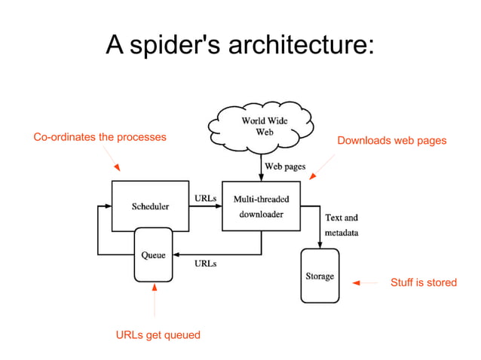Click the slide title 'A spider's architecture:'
coord(240,45)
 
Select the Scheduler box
coord(150,205)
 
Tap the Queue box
coord(154,255)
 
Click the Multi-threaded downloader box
coord(260,206)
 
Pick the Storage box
coord(320,276)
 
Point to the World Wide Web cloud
coord(257,126)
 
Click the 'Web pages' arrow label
coord(284,166)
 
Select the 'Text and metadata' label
coord(341,225)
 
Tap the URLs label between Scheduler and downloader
coord(206,198)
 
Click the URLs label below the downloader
coord(206,264)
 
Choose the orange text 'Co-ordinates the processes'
coord(100,137)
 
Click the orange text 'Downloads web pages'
coord(391,140)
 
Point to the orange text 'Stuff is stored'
coord(423,282)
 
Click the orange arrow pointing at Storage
coord(365,283)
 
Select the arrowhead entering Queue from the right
coord(179,255)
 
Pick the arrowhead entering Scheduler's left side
coord(108,205)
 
